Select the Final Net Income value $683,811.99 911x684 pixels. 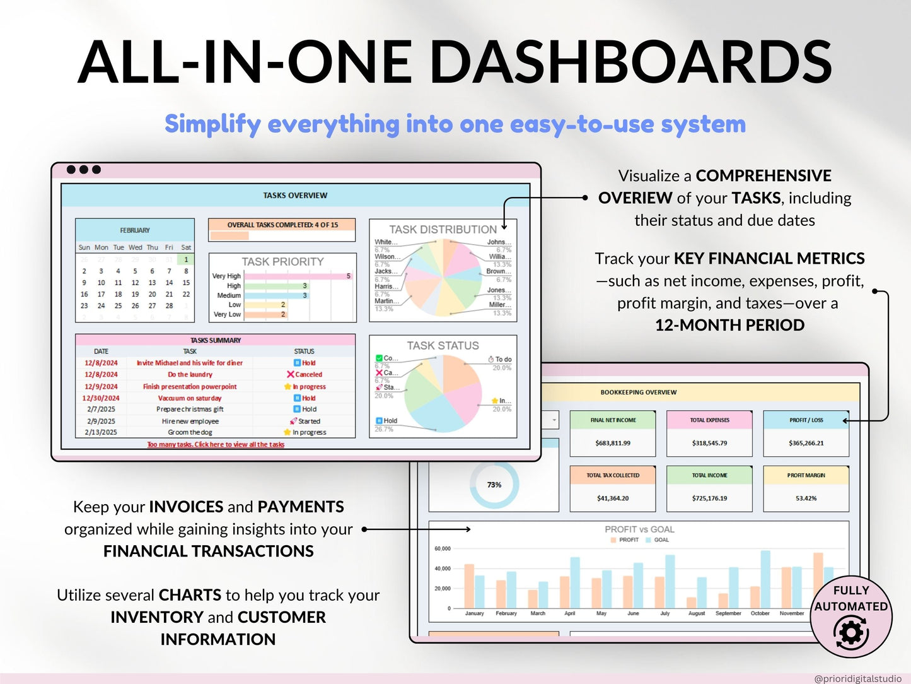613,443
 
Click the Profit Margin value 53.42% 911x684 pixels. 806,498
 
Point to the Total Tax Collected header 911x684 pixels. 613,475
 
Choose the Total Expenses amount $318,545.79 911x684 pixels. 709,443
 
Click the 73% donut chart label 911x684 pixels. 494,485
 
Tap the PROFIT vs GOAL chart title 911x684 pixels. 639,529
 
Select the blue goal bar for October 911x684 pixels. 765,579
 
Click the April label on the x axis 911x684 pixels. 569,613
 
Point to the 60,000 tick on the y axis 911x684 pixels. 442,549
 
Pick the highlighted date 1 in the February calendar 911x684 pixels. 186,259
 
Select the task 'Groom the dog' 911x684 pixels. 190,432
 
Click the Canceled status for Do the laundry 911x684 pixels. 305,374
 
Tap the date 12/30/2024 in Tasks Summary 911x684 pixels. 101,398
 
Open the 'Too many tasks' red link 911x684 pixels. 216,444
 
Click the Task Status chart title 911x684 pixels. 443,346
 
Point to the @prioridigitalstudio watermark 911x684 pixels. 857,678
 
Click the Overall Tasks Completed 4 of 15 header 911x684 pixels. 282,225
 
